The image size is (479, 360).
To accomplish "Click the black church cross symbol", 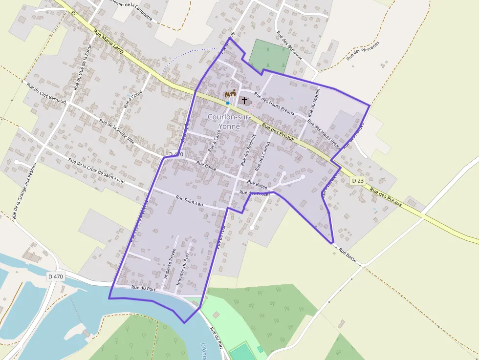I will (244, 100).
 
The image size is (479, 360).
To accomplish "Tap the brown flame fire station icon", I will (227, 94).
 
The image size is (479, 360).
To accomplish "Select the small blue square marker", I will (228, 103).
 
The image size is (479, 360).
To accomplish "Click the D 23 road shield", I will (358, 181).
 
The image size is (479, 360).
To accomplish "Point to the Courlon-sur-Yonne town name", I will (229, 122).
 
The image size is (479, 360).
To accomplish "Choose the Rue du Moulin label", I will (315, 101).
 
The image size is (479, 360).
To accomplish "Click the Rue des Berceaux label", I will (289, 45).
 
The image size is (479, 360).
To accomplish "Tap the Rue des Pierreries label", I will (363, 50).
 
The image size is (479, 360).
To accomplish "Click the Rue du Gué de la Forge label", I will (82, 67).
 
